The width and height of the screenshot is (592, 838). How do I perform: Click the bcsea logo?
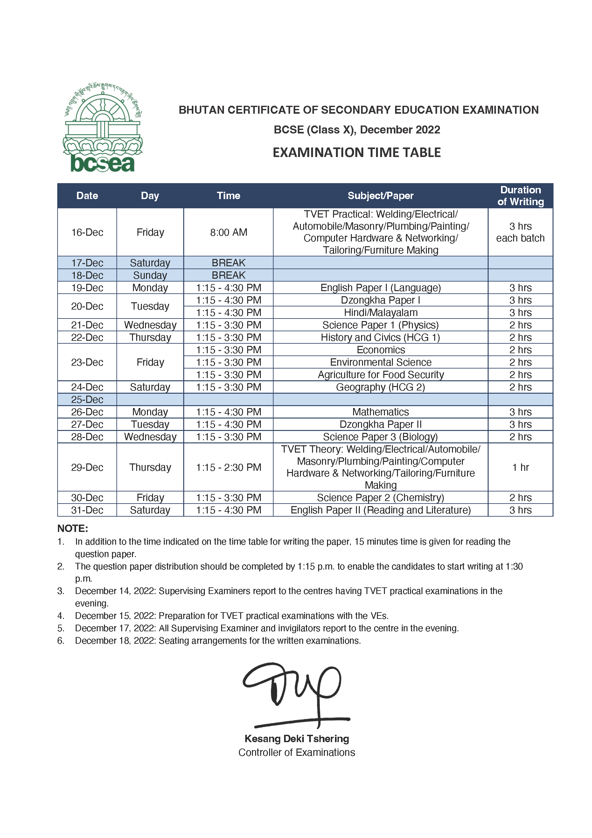tap(103, 127)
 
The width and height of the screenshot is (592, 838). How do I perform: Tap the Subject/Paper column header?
tap(380, 196)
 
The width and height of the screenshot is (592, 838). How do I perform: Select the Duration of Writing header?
tap(520, 196)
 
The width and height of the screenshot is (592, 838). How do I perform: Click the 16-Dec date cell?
tap(87, 232)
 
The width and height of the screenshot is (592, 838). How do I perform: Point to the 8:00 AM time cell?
tap(229, 232)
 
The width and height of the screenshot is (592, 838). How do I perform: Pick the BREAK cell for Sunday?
tap(229, 275)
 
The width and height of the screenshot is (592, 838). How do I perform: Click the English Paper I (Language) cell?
tap(380, 288)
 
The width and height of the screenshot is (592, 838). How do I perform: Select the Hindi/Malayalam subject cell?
tap(380, 312)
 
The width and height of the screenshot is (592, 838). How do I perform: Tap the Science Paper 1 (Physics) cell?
tap(380, 325)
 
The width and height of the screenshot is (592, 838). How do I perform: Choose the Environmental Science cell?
tap(380, 362)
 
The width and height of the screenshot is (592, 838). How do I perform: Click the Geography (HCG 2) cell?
tap(380, 387)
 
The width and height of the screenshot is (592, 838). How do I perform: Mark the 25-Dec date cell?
tap(87, 399)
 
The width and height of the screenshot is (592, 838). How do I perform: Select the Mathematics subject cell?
tap(380, 412)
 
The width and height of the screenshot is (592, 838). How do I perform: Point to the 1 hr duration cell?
tap(520, 467)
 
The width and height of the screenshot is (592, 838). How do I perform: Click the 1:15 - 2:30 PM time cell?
tap(229, 467)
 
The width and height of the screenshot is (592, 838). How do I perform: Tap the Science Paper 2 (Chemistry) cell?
tap(380, 498)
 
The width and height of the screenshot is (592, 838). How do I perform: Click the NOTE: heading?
tap(73, 528)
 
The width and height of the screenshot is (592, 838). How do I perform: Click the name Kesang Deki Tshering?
tap(297, 739)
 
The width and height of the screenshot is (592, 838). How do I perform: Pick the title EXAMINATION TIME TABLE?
tap(357, 153)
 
